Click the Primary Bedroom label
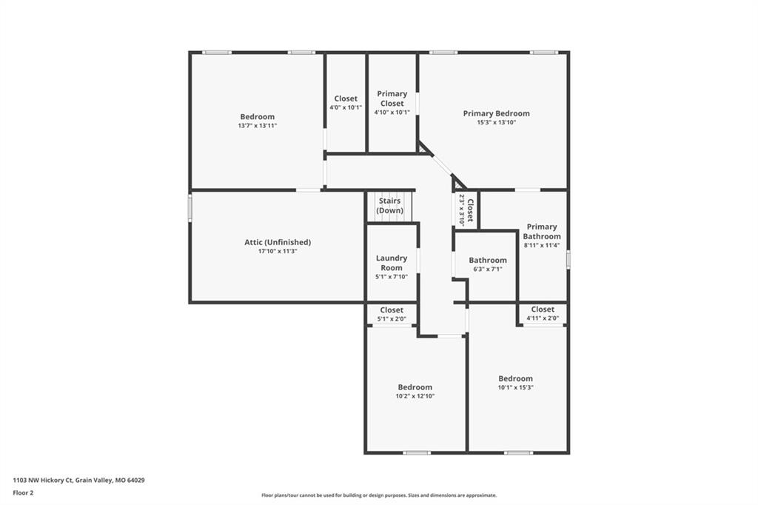click(497, 113)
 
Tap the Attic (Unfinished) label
click(278, 242)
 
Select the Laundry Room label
click(392, 263)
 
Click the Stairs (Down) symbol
click(389, 207)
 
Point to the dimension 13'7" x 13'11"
click(257, 126)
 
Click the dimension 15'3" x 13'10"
click(497, 122)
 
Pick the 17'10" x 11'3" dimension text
click(278, 251)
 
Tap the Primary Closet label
click(392, 98)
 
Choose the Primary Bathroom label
click(542, 231)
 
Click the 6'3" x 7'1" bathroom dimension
click(488, 269)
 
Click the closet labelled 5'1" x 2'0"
click(392, 314)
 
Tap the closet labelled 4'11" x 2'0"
click(543, 313)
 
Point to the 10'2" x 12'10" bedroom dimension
click(415, 396)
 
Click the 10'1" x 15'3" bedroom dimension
click(516, 387)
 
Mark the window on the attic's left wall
click(190, 207)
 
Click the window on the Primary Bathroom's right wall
click(568, 258)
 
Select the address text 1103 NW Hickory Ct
click(43, 481)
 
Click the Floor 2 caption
click(23, 493)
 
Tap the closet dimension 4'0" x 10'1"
click(346, 107)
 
